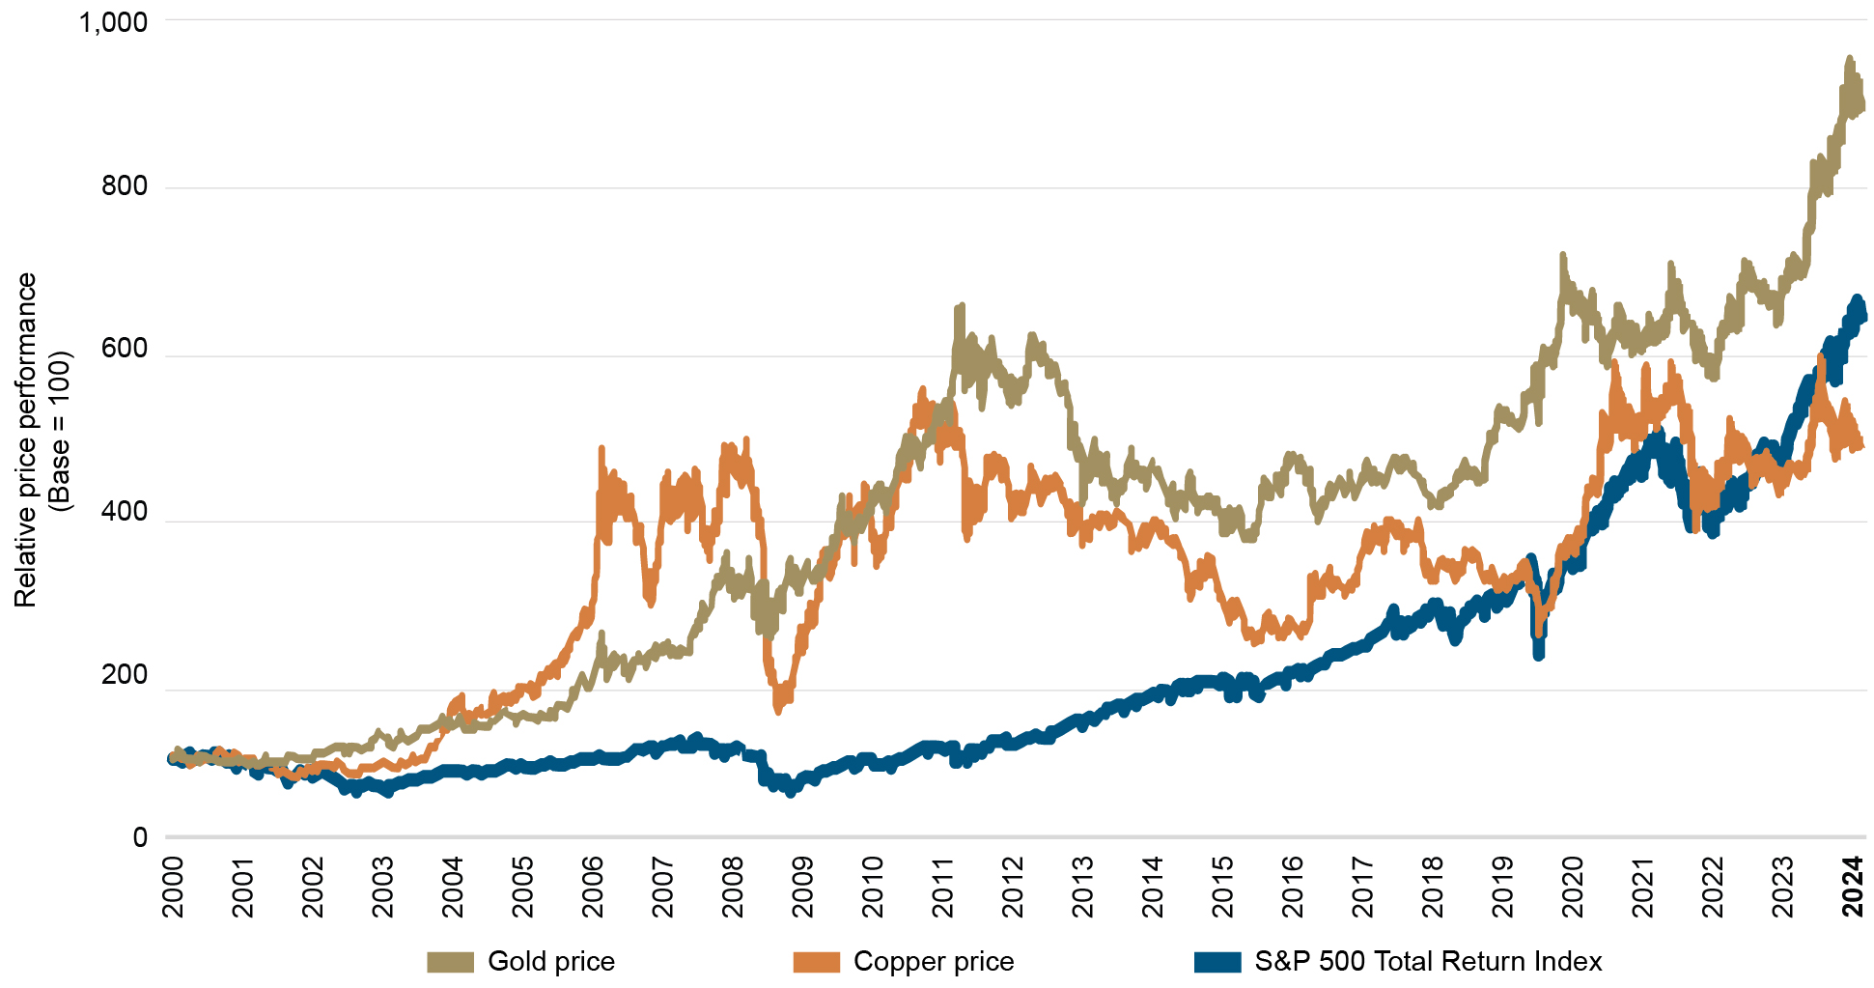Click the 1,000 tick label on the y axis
point(113,21)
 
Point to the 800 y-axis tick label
point(125,185)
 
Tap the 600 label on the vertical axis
point(125,349)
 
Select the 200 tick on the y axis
point(125,675)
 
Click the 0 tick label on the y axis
point(140,837)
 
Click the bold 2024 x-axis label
point(1853,886)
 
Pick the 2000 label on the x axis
point(173,886)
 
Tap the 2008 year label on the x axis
point(733,886)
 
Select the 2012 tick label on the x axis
point(1013,886)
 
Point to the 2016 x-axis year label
point(1293,886)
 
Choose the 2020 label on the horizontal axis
point(1573,886)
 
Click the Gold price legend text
point(551,962)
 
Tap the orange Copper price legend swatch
point(816,962)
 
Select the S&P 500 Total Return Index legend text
point(1428,962)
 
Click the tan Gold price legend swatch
point(450,962)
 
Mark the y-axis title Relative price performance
point(26,439)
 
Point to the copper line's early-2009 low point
point(778,709)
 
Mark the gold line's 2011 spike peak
point(960,307)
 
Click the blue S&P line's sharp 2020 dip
point(1538,655)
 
